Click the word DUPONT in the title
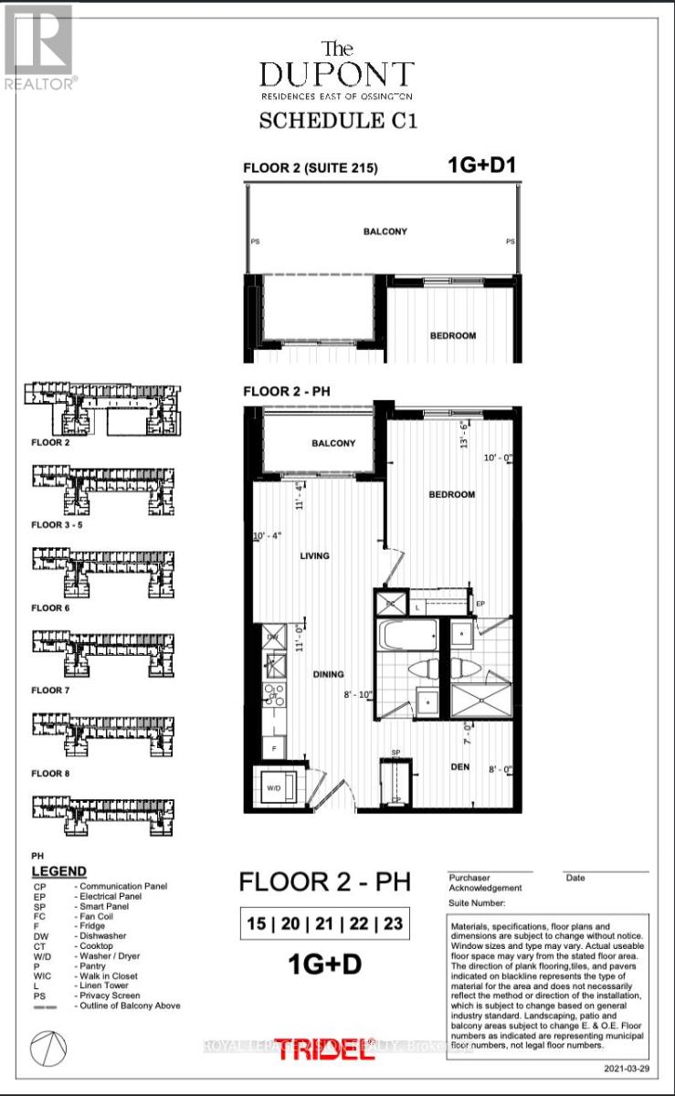(x=337, y=74)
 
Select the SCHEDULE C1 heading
(x=338, y=121)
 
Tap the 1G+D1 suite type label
(x=480, y=165)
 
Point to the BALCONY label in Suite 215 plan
(x=385, y=232)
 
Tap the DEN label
(x=459, y=767)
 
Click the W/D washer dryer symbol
(x=274, y=785)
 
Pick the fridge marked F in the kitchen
(x=271, y=747)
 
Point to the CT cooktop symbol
(x=272, y=696)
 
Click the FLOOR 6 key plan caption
(x=52, y=607)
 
